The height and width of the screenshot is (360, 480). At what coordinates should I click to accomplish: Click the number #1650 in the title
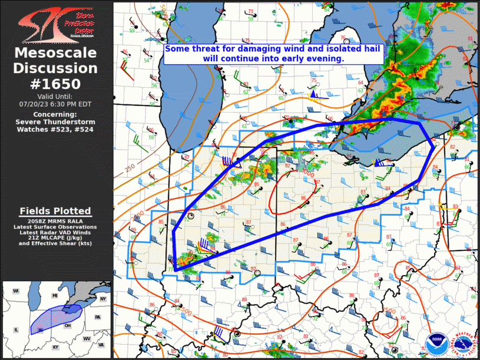tap(56, 84)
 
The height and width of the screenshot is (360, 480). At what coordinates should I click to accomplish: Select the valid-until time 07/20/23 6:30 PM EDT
tap(56, 103)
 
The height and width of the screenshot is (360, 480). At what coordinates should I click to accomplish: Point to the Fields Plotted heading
tap(55, 211)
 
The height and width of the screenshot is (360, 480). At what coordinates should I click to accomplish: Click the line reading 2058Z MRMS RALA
tap(55, 221)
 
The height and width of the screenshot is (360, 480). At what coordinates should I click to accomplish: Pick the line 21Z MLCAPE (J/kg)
tap(55, 237)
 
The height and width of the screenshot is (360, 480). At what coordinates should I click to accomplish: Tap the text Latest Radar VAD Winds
tap(55, 232)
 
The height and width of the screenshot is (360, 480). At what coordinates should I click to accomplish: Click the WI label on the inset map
tap(16, 291)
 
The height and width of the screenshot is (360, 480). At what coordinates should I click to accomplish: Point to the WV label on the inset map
tap(87, 339)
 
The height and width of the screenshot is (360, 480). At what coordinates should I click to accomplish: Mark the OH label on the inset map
tap(68, 325)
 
